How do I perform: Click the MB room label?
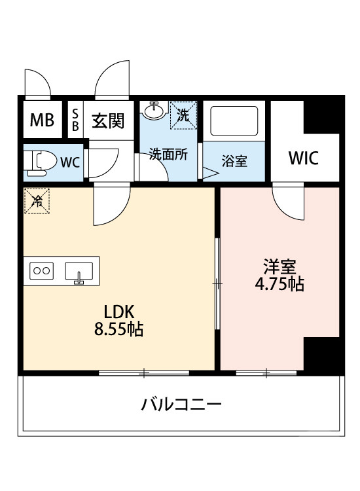point(43,121)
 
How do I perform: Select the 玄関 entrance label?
point(107,121)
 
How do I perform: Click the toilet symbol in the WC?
point(41,161)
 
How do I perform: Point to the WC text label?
point(71,162)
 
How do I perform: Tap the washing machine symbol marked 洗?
point(183,115)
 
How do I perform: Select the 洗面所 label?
point(168,155)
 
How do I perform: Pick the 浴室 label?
point(234,161)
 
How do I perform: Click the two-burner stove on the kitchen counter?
point(43,270)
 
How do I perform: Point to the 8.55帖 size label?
point(118,329)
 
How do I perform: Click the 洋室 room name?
point(279,266)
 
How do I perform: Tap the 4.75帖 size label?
point(279,285)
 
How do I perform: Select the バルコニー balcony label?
point(182,404)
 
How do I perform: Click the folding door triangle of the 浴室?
point(211,173)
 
